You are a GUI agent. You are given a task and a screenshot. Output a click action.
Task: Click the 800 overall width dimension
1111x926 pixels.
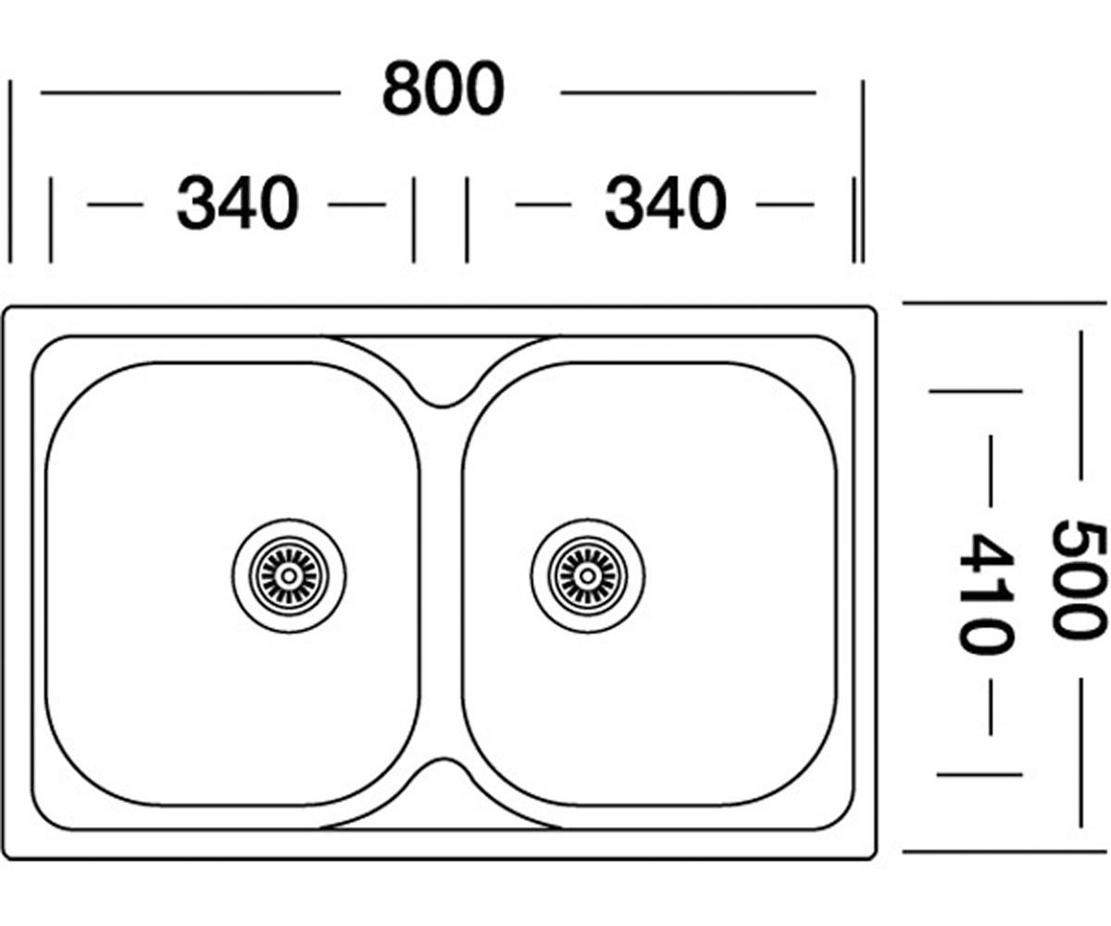click(443, 88)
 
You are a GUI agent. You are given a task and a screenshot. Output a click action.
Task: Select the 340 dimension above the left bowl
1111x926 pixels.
click(238, 203)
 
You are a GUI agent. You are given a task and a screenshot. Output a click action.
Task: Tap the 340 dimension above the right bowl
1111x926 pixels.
click(666, 203)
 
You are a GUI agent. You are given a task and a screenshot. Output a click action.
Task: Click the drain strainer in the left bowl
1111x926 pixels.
click(289, 576)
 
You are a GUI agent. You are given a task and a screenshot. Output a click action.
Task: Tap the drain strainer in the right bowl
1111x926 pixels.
click(587, 576)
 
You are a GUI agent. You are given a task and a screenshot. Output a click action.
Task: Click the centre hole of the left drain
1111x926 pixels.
click(289, 576)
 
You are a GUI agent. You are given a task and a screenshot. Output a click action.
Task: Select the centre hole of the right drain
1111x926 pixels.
click(587, 576)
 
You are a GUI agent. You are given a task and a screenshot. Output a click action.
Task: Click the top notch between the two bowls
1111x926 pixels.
click(441, 406)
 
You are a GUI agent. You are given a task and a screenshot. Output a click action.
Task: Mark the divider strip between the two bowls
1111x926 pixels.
click(441, 582)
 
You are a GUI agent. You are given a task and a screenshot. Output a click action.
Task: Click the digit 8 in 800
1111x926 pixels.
click(402, 88)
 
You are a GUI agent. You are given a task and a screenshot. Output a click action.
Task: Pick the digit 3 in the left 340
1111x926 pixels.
click(196, 203)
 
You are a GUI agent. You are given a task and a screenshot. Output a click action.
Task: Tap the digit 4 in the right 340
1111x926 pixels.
click(666, 203)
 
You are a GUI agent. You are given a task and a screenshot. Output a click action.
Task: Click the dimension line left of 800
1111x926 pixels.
click(191, 93)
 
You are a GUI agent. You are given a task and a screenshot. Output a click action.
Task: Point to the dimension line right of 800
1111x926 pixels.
click(688, 93)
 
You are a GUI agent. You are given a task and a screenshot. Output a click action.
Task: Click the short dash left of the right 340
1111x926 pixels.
click(543, 205)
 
